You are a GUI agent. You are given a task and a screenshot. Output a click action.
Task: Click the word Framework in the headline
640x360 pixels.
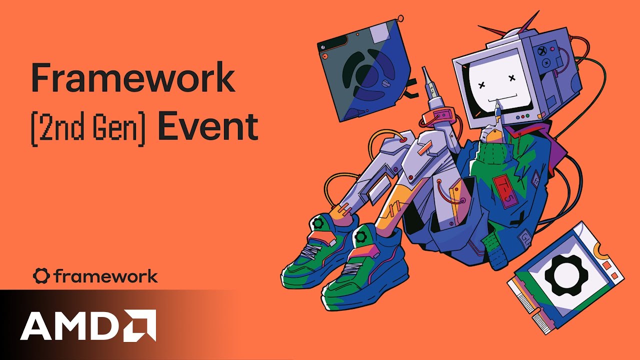click(132, 78)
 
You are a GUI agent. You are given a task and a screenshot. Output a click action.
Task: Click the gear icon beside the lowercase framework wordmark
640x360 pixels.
click(41, 276)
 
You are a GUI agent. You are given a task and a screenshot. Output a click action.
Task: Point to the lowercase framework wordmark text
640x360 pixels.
click(105, 276)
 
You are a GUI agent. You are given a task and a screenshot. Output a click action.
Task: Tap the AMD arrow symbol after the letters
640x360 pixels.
click(140, 325)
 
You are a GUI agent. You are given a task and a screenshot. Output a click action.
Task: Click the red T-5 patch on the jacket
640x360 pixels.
click(503, 189)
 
